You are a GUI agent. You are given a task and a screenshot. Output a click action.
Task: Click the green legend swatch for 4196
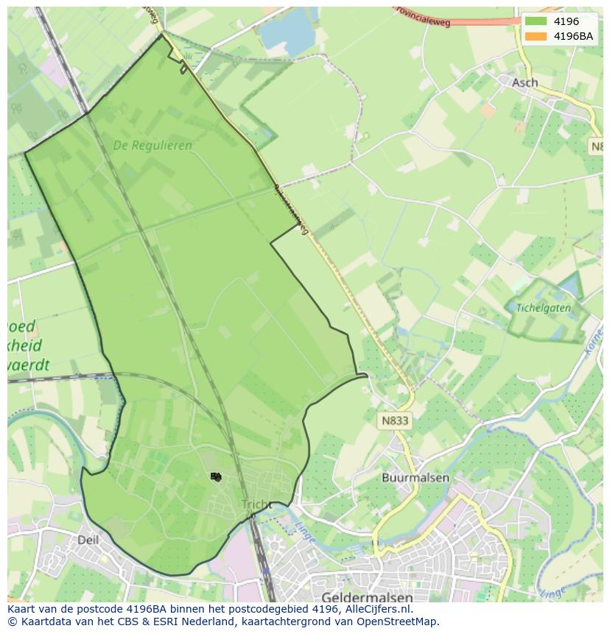click(x=536, y=21)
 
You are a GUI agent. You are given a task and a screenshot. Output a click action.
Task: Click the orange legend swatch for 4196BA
click(x=536, y=36)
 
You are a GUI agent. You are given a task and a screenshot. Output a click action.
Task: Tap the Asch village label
click(x=525, y=82)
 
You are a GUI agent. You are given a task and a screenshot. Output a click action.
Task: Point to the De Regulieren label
click(x=152, y=145)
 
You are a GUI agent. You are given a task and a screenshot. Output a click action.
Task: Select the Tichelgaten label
click(x=543, y=308)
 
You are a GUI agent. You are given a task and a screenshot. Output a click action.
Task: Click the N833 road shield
click(x=396, y=420)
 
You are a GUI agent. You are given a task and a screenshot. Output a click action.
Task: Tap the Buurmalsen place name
click(x=416, y=477)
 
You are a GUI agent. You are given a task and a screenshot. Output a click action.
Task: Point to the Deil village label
click(x=88, y=540)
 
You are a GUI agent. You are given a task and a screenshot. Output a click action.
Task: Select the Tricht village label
click(x=256, y=504)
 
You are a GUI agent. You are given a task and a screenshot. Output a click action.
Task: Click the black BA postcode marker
click(x=216, y=476)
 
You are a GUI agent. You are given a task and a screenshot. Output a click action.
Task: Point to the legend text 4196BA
click(x=573, y=36)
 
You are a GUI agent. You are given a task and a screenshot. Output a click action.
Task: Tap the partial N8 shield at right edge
click(x=597, y=147)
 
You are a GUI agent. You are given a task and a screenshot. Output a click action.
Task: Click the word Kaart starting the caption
click(x=22, y=609)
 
